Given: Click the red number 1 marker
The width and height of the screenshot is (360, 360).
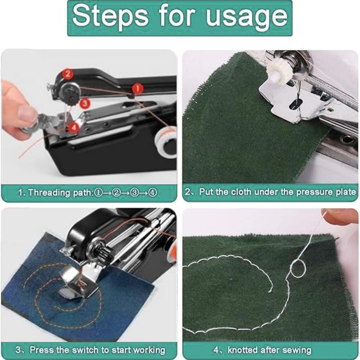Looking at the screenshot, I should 137,88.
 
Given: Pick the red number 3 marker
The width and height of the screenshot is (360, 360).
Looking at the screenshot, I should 84,103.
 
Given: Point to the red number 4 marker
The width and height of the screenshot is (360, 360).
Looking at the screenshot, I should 73,127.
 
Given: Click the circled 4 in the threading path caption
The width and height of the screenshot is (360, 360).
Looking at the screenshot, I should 153,192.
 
